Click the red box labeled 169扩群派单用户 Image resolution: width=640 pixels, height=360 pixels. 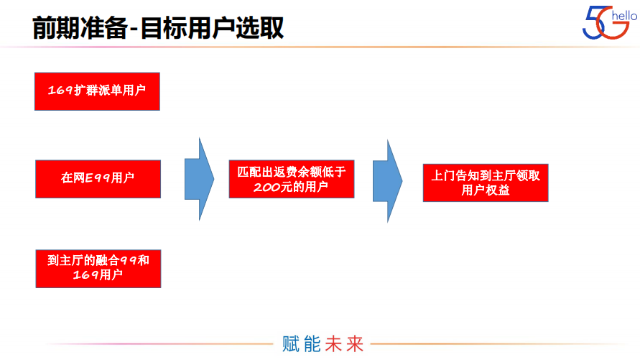coord(97,91)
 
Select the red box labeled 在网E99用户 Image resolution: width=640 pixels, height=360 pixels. coord(98,179)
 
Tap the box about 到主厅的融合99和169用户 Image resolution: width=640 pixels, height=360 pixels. coord(98,268)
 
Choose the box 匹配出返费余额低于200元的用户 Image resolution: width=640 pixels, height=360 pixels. coord(291,179)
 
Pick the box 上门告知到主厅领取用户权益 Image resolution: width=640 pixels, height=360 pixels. coord(486,182)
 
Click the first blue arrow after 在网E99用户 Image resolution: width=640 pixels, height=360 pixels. coord(199,180)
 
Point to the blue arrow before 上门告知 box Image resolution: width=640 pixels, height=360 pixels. coord(388,180)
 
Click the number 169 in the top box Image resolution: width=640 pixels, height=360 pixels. coord(60,91)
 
